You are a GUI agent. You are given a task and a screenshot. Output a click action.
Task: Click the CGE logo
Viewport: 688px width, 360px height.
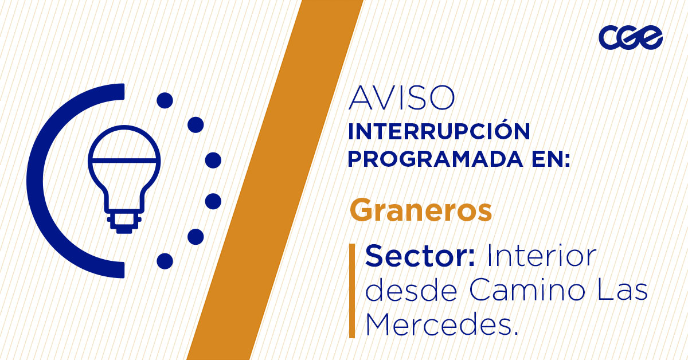coord(630,38)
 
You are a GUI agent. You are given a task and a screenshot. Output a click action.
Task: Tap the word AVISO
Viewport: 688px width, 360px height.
coord(401,99)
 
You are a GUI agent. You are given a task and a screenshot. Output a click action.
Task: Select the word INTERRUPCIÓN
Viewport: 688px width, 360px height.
coord(439,132)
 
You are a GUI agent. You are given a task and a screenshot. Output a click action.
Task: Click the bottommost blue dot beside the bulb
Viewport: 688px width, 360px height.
coord(165,261)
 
